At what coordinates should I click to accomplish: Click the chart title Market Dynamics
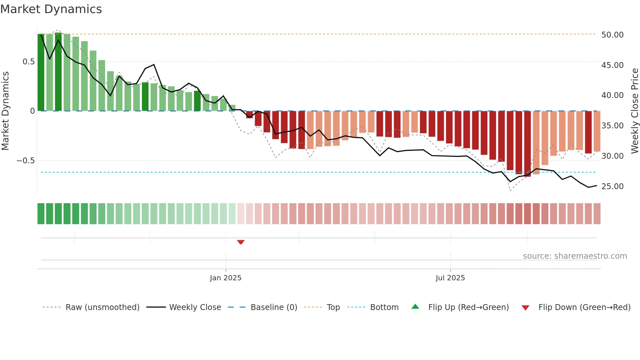pos(51,9)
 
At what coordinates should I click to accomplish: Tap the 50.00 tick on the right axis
pos(612,35)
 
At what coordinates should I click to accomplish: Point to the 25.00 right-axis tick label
pos(612,187)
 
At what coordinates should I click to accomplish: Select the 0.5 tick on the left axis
pos(28,62)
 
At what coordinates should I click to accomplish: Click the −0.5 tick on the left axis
pos(25,161)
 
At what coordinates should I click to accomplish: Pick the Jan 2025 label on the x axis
pos(225,278)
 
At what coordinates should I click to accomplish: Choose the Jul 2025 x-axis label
pos(450,278)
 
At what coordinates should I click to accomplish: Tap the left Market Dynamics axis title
pos(5,111)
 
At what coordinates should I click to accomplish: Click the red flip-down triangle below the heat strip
pos(241,242)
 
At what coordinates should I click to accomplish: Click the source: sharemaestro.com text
pos(575,256)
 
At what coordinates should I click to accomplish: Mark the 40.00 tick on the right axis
pos(612,95)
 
